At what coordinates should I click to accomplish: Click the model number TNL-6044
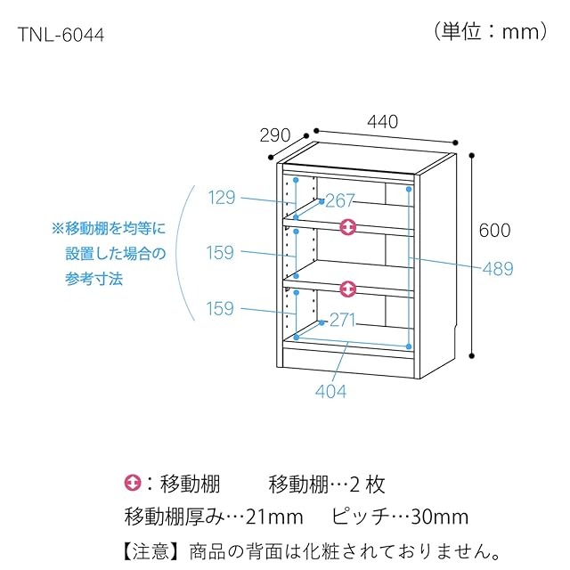61,35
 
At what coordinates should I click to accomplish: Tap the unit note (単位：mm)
491,32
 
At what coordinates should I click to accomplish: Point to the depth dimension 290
275,135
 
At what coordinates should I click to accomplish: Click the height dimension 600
494,230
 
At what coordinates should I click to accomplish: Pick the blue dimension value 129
222,198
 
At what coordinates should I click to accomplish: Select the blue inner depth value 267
340,199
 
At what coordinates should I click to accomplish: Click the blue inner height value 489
497,268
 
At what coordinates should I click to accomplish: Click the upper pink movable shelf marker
349,228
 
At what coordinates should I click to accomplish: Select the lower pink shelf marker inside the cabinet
349,289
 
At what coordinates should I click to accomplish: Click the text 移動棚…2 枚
326,484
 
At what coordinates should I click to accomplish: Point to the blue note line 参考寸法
94,279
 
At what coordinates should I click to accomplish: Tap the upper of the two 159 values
222,253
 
